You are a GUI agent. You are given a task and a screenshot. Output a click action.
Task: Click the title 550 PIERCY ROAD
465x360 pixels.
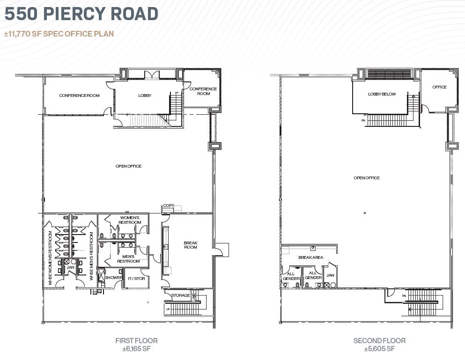[x=81, y=14]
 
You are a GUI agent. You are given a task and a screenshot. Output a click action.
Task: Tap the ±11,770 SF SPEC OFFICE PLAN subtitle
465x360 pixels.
[x=59, y=34]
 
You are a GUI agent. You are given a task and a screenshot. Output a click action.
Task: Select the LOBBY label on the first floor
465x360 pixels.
[x=145, y=96]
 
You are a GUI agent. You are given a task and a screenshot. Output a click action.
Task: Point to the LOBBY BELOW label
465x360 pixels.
[x=382, y=94]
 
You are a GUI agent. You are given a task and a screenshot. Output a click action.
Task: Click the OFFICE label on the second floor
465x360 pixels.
[x=439, y=87]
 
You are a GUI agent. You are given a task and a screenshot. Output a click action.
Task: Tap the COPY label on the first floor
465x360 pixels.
[x=168, y=206]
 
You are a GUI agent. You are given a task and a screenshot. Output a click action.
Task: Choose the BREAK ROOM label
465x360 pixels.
[x=191, y=244]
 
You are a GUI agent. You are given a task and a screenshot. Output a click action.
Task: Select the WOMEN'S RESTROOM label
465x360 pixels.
[x=130, y=220]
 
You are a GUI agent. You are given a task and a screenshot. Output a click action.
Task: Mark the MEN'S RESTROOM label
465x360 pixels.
[x=128, y=258]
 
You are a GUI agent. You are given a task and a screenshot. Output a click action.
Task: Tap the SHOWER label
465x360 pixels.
[x=113, y=278]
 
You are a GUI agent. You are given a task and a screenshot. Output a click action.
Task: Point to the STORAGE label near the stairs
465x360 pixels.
[x=180, y=295]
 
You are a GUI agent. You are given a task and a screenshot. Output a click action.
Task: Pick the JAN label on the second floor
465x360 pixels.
[x=330, y=275]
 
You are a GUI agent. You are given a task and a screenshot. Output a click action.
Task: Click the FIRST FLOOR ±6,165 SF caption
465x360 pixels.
[x=136, y=345]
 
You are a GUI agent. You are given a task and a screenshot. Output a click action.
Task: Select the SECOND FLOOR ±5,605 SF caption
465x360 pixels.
[x=379, y=345]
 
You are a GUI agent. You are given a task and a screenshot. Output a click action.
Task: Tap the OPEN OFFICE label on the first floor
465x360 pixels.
[x=128, y=166]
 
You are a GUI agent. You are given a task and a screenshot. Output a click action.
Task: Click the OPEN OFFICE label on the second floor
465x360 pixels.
[x=366, y=178]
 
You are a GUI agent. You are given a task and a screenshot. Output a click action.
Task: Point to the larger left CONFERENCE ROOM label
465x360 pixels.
[x=79, y=96]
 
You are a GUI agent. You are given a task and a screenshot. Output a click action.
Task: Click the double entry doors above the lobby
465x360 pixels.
[x=152, y=75]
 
